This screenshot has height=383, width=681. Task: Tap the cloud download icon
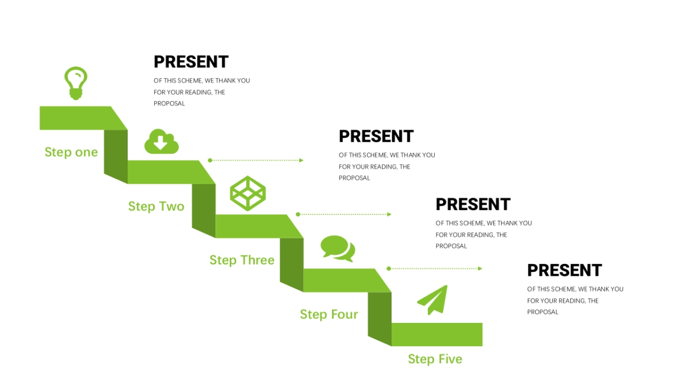point(161,141)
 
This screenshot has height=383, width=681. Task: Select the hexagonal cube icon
point(248,193)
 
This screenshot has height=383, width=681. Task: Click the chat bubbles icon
point(338,249)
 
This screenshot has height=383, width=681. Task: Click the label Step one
point(71,152)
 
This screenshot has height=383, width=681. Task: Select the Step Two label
point(156,207)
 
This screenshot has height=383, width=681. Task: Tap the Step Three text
point(242,260)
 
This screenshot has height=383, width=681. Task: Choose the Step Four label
point(329,314)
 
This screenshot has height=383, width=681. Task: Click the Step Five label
point(435,359)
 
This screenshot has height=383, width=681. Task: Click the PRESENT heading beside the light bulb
point(191,62)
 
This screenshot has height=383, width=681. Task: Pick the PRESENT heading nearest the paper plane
point(565,270)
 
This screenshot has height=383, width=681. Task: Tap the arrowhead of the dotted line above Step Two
point(301,160)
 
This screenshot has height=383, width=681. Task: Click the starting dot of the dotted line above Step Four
point(389,268)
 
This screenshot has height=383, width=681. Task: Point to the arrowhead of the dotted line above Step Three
point(389,214)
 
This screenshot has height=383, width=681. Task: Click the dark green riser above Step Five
point(380,319)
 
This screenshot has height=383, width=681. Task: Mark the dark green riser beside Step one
point(116,157)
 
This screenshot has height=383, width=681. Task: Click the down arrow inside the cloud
point(160,142)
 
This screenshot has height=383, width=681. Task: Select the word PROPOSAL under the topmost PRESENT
point(169,104)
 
